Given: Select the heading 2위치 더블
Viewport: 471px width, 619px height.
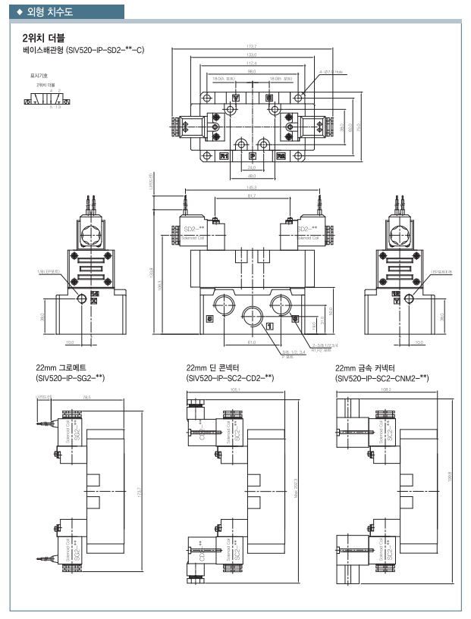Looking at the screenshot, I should tap(43, 37).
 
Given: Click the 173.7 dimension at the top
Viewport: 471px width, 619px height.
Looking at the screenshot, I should tap(251, 46).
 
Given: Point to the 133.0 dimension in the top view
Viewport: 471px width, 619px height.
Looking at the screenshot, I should tap(251, 55).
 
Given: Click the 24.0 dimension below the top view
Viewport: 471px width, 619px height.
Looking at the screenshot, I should tap(251, 167).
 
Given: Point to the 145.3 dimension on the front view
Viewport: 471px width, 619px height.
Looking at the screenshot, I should tap(251, 189).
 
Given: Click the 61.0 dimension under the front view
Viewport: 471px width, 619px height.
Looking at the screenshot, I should tap(251, 342).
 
